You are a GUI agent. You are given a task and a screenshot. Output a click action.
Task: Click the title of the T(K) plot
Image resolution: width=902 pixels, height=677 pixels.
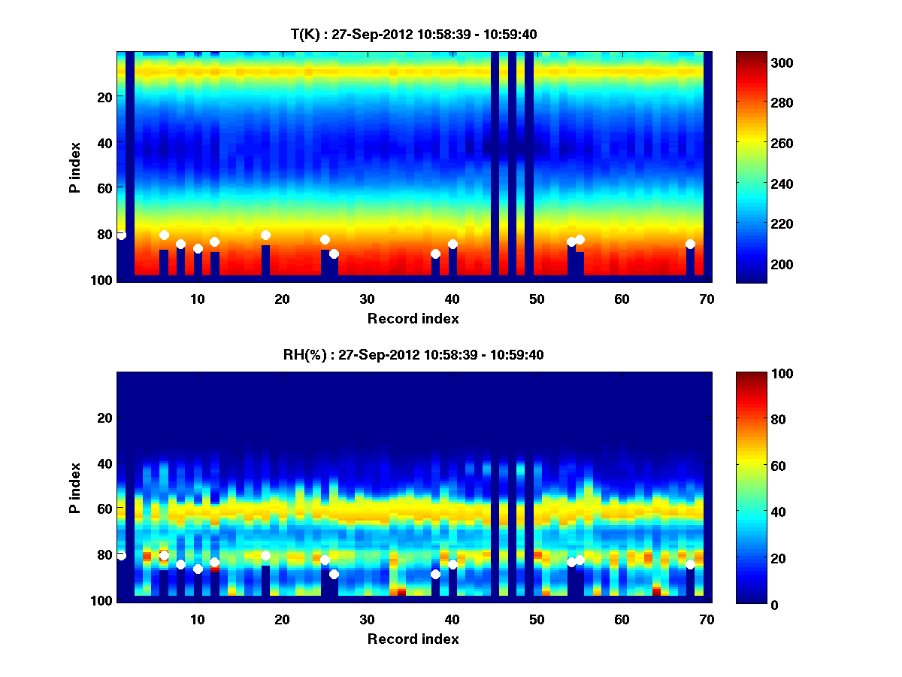click(413, 34)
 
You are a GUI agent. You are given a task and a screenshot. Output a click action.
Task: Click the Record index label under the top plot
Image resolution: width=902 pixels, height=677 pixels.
click(413, 319)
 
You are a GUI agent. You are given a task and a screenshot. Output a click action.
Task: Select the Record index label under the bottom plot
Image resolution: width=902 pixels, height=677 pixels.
click(413, 639)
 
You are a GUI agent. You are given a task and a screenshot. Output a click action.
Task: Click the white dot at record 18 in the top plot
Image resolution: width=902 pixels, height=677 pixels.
click(265, 235)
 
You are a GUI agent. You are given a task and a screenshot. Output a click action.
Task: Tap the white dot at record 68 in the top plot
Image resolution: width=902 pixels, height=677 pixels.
click(690, 244)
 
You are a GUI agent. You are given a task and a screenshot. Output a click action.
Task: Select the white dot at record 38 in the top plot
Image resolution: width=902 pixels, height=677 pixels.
click(435, 253)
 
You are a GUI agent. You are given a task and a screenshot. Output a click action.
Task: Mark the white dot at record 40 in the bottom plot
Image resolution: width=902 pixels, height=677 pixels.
click(453, 564)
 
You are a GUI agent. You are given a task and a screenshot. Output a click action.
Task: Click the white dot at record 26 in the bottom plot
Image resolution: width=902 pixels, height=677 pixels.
click(334, 574)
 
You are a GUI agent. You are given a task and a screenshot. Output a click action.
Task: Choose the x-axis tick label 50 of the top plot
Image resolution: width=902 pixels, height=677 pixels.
click(537, 299)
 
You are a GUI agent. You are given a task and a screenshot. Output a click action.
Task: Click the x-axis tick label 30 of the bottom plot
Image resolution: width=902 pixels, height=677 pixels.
click(367, 619)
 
